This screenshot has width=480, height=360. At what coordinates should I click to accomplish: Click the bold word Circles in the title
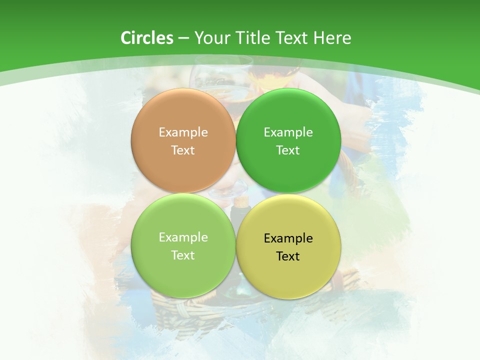[146, 38]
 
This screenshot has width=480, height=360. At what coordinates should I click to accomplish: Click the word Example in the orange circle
[183, 132]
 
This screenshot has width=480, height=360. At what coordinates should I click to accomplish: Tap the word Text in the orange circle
[183, 150]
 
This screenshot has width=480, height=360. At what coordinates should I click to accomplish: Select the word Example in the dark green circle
[288, 132]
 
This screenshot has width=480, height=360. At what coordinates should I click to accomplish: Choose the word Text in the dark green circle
[288, 150]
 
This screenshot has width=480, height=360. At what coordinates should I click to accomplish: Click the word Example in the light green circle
[183, 237]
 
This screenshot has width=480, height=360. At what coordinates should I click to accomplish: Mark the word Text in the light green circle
[183, 255]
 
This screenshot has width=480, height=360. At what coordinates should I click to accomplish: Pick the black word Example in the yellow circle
[288, 238]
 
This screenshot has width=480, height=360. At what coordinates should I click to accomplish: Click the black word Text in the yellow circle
[288, 256]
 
